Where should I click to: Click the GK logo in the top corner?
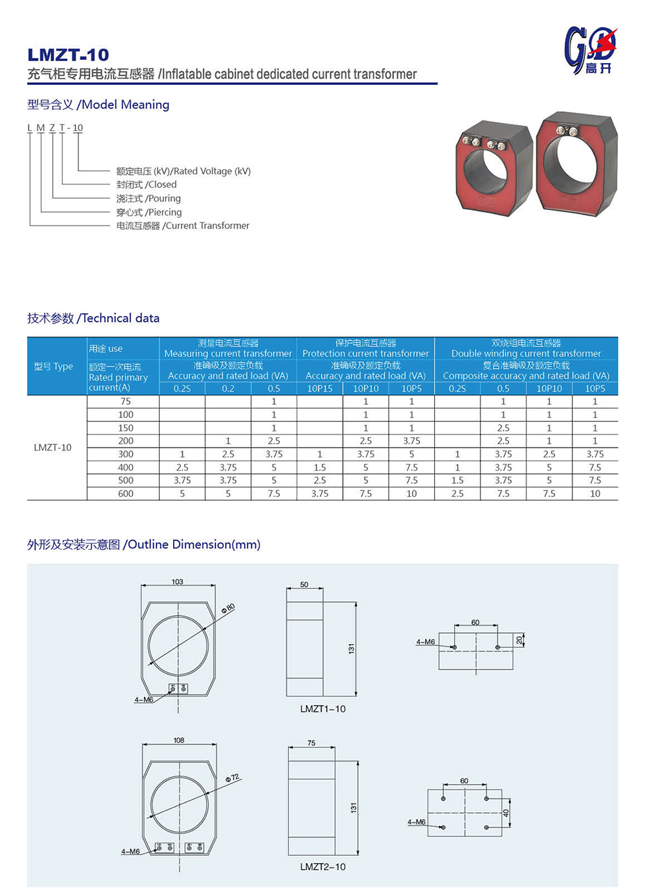(x=590, y=50)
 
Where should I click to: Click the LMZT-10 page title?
(x=68, y=55)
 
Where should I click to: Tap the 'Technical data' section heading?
(x=93, y=318)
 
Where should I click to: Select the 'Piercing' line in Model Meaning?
(x=149, y=212)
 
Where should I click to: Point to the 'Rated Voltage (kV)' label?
(x=184, y=171)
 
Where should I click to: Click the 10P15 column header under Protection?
(x=320, y=388)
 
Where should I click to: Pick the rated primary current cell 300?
(x=126, y=454)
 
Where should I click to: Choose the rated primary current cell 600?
(x=126, y=494)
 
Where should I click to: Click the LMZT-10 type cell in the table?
(x=53, y=448)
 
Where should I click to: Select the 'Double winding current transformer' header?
(x=526, y=353)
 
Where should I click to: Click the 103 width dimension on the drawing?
(x=178, y=582)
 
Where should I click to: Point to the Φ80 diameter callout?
(x=228, y=608)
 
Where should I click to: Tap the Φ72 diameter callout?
(x=232, y=777)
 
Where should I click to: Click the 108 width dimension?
(x=179, y=741)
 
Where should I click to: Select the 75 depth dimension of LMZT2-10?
(x=311, y=743)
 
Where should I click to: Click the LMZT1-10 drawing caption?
(x=322, y=709)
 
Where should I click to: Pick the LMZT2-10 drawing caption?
(x=322, y=867)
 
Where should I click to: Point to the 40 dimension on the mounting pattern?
(x=506, y=813)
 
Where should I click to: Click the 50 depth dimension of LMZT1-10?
(x=304, y=585)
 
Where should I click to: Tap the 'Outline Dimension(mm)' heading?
(x=143, y=544)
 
